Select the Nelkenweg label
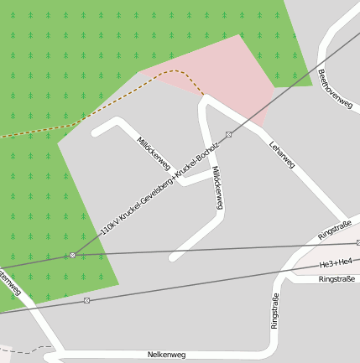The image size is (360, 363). pos(166,355)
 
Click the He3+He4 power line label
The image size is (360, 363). pos(336,264)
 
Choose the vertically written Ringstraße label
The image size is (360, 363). pos(274,310)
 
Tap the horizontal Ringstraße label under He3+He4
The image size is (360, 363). pos(337,279)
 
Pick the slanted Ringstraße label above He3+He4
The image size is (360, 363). pos(335,230)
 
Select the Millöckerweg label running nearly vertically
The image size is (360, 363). pos(217,187)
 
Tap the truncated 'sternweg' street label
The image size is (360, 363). pos(8,281)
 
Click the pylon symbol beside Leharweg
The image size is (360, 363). pos(228,134)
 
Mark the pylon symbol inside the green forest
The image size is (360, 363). pos(73,255)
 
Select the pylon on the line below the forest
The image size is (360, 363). pos(86,300)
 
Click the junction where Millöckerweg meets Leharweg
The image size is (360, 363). pos(204,100)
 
